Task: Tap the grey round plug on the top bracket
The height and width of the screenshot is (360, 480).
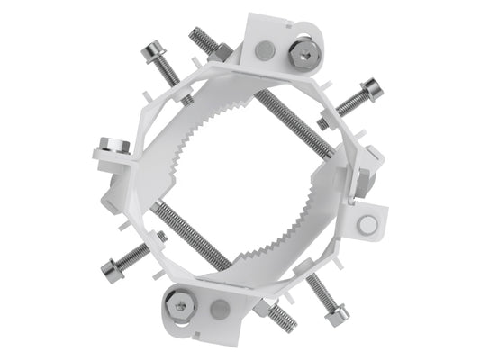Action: point(262,52)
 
